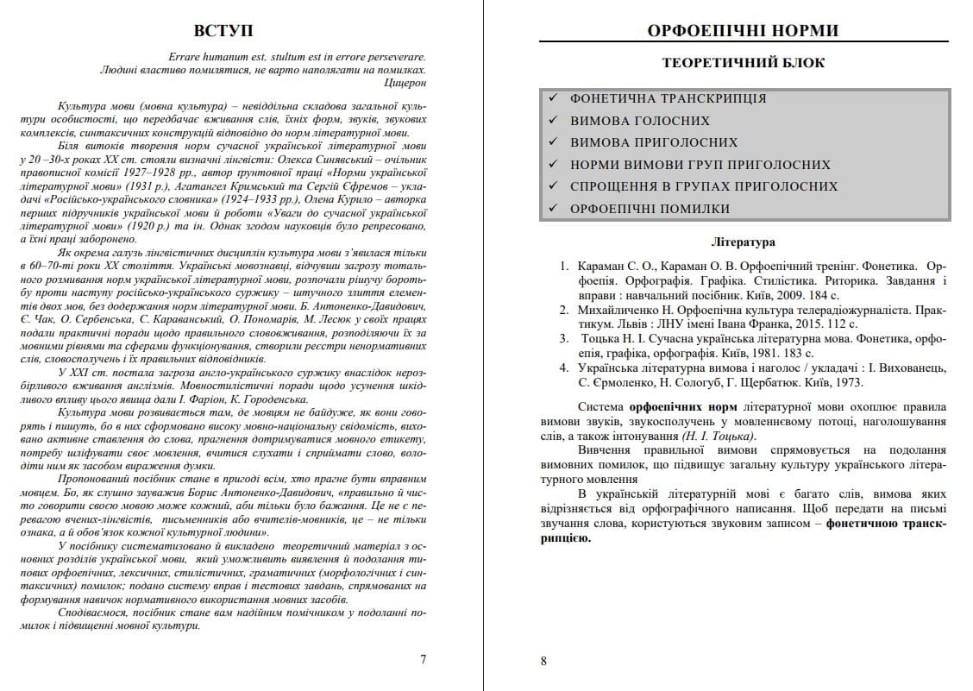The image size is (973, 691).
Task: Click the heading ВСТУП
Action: point(223,30)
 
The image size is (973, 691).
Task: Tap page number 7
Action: point(423,660)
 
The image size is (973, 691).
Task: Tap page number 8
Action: point(543,662)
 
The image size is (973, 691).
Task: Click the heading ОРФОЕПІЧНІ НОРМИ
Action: point(743,31)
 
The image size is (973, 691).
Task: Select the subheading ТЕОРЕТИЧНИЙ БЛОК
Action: point(743,63)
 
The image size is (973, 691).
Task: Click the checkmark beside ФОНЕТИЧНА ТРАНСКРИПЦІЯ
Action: point(552,98)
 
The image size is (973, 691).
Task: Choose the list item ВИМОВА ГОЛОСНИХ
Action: point(640,121)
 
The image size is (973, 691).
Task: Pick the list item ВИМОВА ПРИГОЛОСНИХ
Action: point(654,142)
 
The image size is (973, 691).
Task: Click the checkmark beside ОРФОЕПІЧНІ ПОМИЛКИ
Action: point(552,208)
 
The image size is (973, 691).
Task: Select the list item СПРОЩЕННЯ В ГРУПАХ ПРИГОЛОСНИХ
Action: point(704,186)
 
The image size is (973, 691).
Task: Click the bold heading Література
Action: point(743,242)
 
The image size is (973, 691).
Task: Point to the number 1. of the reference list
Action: point(564,267)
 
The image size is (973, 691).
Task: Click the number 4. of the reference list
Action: point(564,367)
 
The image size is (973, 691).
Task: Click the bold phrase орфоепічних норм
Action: point(675,406)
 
